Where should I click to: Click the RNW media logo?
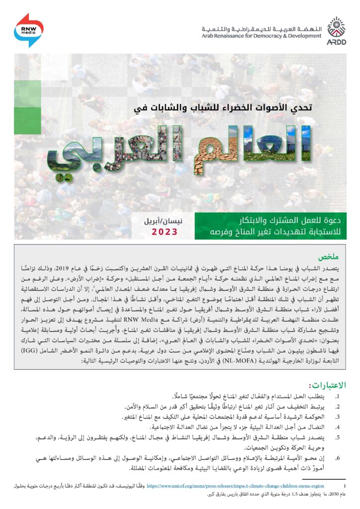coord(29,30)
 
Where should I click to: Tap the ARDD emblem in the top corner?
coord(336,30)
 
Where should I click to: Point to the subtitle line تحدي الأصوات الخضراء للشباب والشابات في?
coord(219,106)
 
